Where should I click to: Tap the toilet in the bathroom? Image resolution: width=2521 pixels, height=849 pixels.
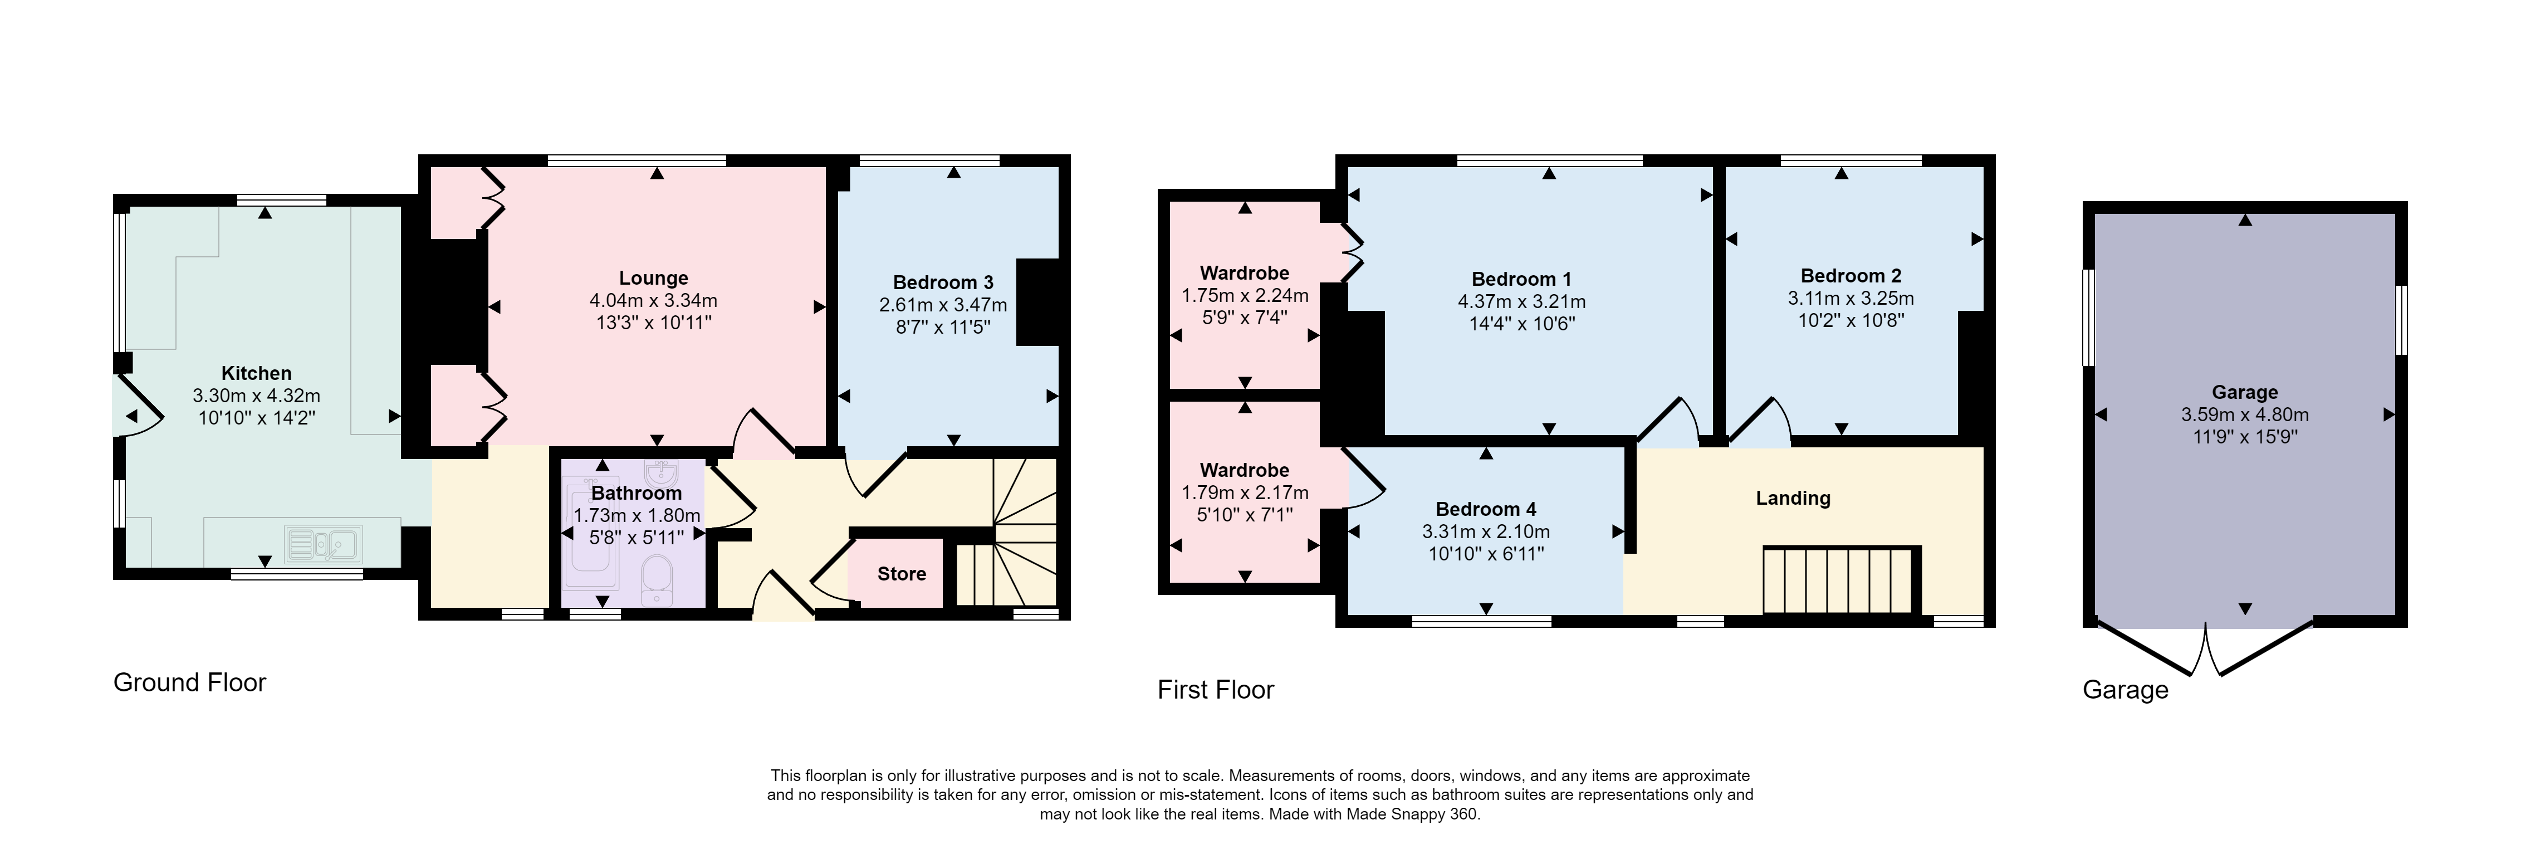tap(655, 580)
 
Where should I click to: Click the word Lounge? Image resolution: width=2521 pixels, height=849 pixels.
tap(654, 278)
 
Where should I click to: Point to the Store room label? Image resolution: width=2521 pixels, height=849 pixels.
tap(902, 574)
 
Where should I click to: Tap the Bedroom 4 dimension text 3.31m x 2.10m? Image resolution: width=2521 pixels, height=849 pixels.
tap(1486, 531)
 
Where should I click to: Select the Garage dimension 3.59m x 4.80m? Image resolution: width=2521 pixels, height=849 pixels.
tap(2245, 414)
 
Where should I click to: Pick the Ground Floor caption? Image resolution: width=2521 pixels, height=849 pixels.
tap(190, 682)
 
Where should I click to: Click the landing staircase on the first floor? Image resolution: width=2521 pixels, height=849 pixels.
tap(1838, 580)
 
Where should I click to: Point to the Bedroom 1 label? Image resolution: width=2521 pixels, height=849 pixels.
tap(1522, 279)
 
